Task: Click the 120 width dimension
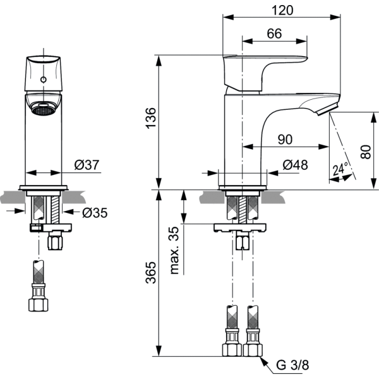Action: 282,10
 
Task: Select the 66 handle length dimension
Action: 274,33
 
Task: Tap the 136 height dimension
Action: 151,118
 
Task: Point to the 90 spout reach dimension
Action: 286,140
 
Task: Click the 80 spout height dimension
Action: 366,152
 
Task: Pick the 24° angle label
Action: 340,169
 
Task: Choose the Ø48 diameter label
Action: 295,165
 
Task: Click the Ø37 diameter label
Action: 87,165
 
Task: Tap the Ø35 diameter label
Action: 95,213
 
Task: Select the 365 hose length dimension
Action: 151,272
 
